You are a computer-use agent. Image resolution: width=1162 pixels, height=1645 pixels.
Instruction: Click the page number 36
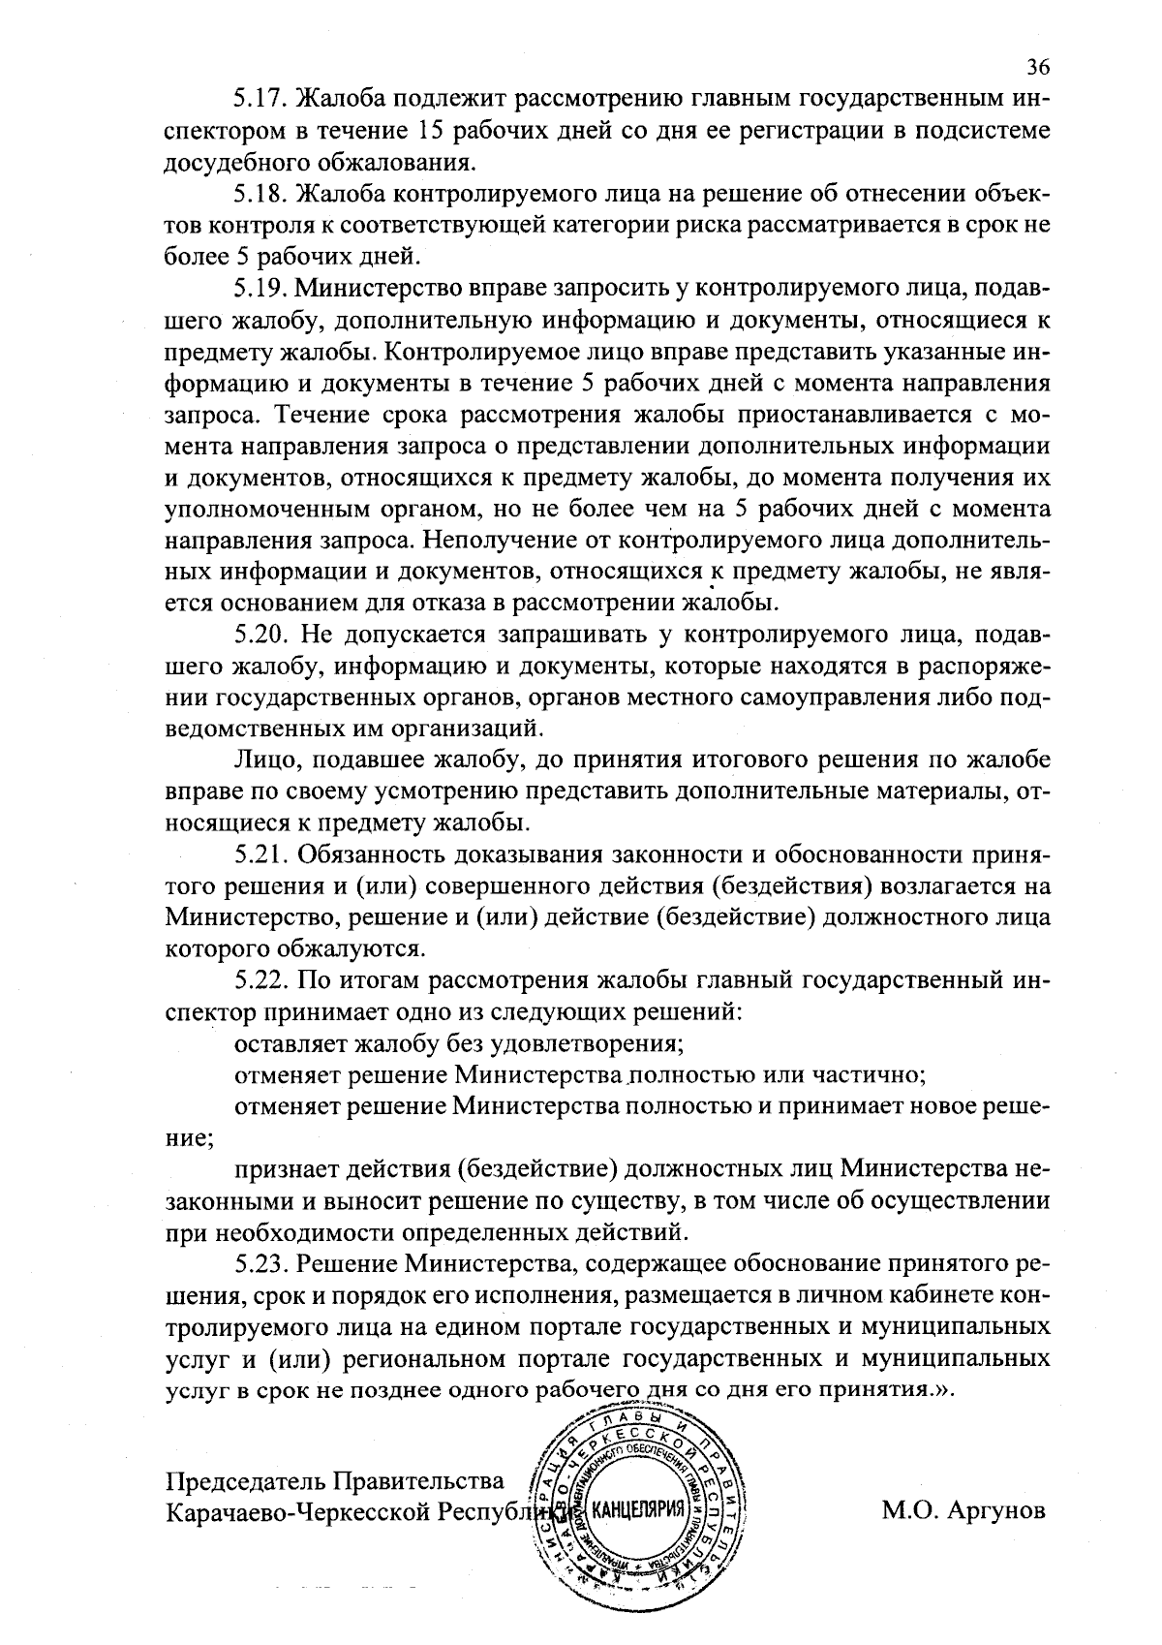pos(1038,67)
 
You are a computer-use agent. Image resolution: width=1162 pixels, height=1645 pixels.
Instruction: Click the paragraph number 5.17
pos(260,99)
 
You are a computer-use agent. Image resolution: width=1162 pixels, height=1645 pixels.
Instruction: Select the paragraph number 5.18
pos(260,194)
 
